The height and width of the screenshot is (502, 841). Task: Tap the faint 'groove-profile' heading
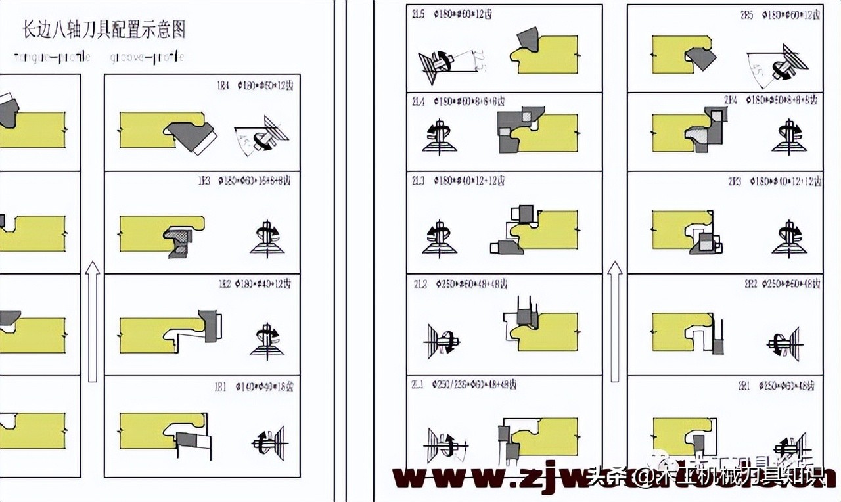click(x=147, y=57)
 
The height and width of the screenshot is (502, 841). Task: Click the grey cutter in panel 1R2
click(x=211, y=325)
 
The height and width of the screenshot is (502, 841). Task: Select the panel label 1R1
click(x=223, y=386)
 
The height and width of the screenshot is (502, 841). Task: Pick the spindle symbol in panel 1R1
click(x=269, y=442)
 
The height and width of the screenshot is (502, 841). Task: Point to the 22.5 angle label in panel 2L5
click(x=482, y=61)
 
